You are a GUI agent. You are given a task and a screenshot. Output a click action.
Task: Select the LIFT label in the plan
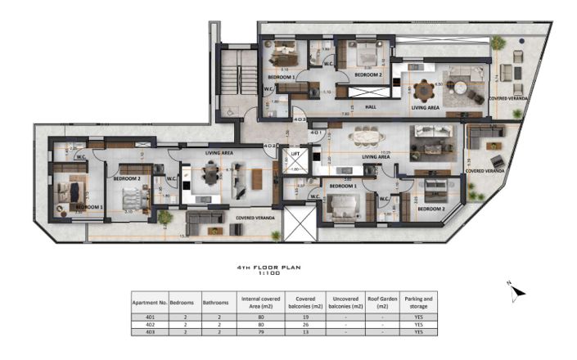click(x=294, y=153)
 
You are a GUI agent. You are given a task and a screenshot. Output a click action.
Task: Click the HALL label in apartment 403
click(x=369, y=106)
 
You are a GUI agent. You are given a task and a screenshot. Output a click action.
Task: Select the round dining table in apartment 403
click(x=423, y=89)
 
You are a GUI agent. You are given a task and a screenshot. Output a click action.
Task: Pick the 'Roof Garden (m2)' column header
click(x=383, y=303)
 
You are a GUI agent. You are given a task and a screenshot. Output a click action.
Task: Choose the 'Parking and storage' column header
click(x=418, y=303)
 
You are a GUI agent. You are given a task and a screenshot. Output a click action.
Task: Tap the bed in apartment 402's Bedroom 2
click(x=132, y=198)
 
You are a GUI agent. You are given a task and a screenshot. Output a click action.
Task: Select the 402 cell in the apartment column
click(x=150, y=324)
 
